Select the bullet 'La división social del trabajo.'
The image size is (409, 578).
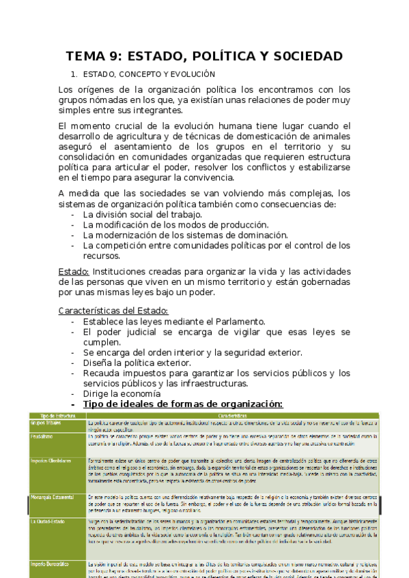pyautogui.click(x=142, y=214)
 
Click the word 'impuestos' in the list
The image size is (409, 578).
pyautogui.click(x=144, y=373)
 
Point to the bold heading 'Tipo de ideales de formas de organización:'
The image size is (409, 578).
pyautogui.click(x=182, y=404)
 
